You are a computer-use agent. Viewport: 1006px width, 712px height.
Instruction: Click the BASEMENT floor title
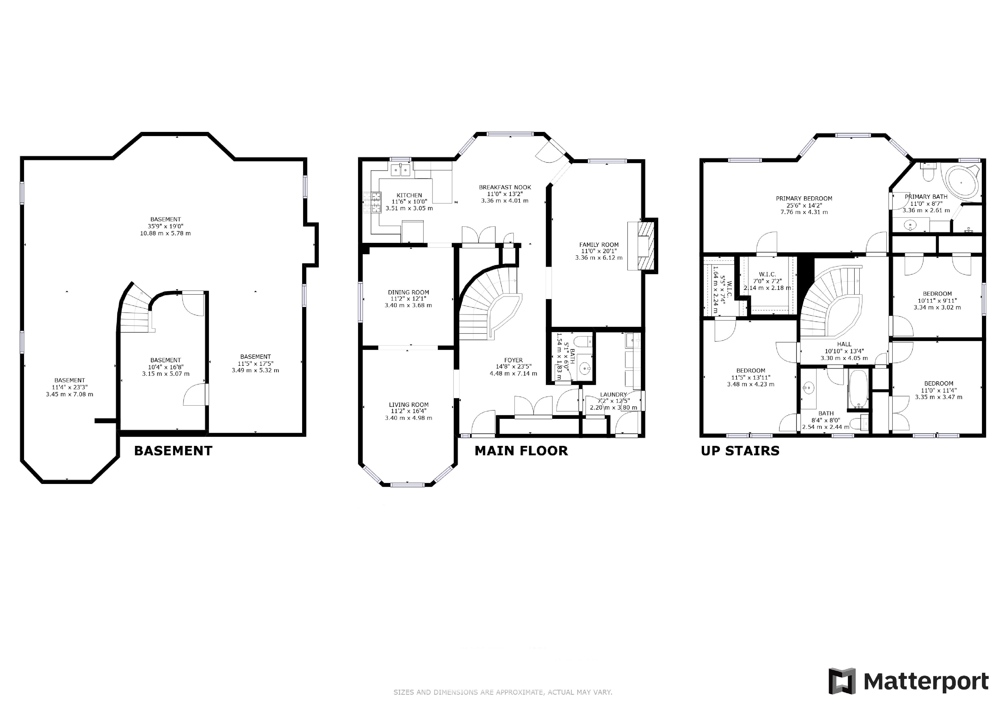(x=173, y=451)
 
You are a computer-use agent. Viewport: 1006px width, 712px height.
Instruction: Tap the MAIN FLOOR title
(x=521, y=451)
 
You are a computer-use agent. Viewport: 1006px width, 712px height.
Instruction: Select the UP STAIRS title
(x=740, y=451)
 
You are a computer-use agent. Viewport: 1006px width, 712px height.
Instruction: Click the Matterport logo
(x=908, y=681)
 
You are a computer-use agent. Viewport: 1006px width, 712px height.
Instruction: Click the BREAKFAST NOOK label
(x=505, y=187)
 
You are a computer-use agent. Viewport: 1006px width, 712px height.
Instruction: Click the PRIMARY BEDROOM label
(x=804, y=199)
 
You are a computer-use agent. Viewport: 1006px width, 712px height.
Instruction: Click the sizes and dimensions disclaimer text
(x=502, y=692)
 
